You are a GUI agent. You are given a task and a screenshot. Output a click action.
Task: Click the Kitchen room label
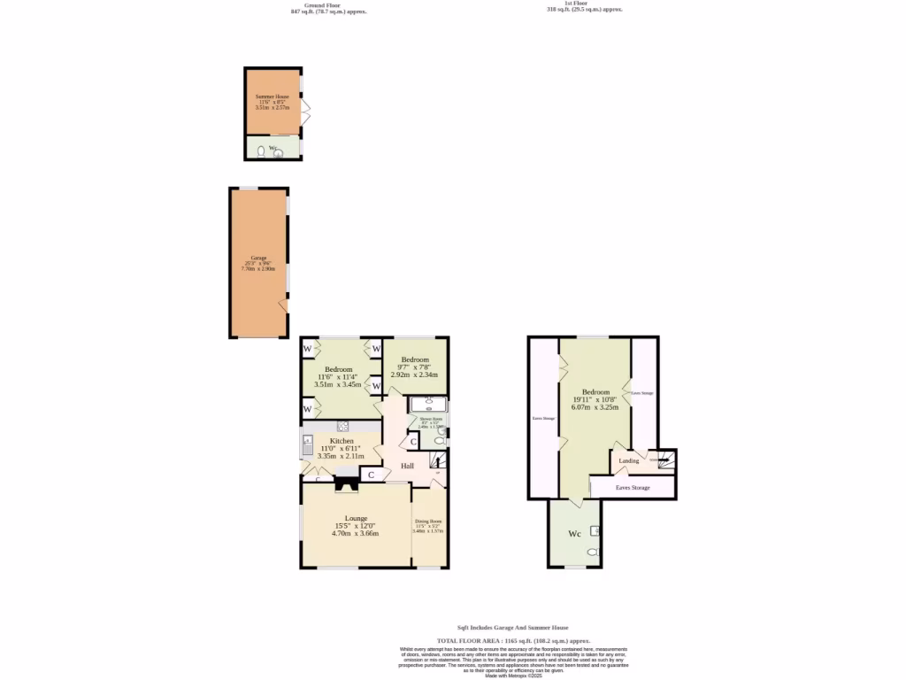tap(342, 441)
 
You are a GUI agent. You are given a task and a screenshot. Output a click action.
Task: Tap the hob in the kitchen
tap(342, 428)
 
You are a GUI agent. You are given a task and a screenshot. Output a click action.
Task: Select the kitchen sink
tap(306, 443)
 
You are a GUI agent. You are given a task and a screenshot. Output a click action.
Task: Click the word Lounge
tap(356, 519)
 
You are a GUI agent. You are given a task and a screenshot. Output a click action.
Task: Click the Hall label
tap(407, 467)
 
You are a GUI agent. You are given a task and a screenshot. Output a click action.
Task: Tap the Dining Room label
tap(428, 522)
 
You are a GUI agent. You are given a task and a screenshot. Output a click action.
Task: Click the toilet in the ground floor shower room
tap(439, 440)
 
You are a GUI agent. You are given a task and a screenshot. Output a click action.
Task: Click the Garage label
tap(258, 258)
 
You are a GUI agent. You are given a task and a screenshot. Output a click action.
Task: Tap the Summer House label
tap(273, 96)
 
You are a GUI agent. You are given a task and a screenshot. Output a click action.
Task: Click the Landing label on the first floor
tap(629, 461)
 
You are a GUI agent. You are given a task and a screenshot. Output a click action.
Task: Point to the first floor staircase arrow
tap(659, 460)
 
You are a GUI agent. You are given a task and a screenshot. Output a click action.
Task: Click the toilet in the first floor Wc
tap(592, 552)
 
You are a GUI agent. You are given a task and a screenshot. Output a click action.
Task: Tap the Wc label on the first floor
tap(574, 534)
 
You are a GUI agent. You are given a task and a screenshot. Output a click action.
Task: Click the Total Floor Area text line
tap(513, 640)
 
